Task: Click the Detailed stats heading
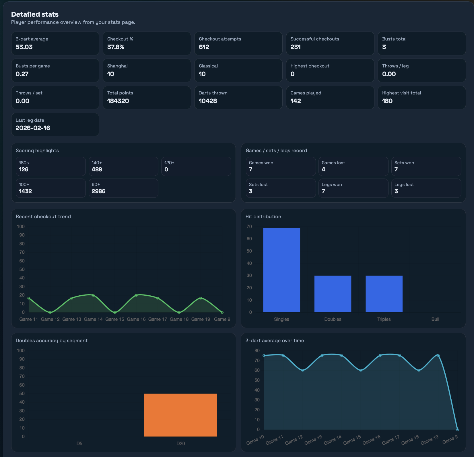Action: pyautogui.click(x=35, y=14)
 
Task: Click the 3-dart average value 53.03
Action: pyautogui.click(x=24, y=47)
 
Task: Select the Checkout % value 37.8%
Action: pyautogui.click(x=116, y=47)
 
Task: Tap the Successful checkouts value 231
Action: pyautogui.click(x=296, y=47)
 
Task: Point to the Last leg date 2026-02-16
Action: pyautogui.click(x=33, y=128)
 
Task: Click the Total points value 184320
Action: pyautogui.click(x=118, y=101)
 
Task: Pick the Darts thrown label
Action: pyautogui.click(x=213, y=93)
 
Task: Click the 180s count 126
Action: pyautogui.click(x=24, y=170)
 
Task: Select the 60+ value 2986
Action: pyautogui.click(x=98, y=191)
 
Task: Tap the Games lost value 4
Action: pyautogui.click(x=323, y=170)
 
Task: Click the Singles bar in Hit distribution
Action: pyautogui.click(x=281, y=270)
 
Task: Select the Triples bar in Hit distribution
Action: pyautogui.click(x=384, y=294)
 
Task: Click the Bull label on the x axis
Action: pyautogui.click(x=435, y=319)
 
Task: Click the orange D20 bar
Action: pyautogui.click(x=180, y=415)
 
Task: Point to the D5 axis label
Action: pyautogui.click(x=79, y=444)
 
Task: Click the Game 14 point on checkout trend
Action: pyautogui.click(x=93, y=295)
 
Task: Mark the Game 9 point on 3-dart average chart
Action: pyautogui.click(x=457, y=430)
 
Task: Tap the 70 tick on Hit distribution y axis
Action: pyautogui.click(x=249, y=226)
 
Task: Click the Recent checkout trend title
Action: pyautogui.click(x=43, y=216)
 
